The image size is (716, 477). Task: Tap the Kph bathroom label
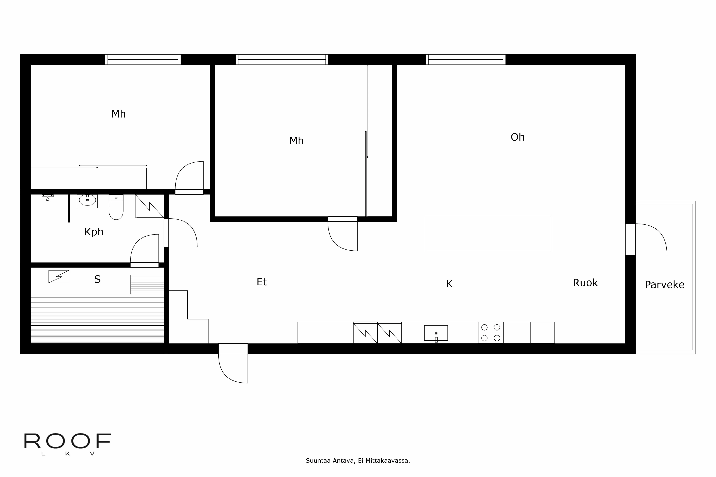94,232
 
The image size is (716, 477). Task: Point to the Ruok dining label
585,283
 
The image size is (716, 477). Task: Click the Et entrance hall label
262,282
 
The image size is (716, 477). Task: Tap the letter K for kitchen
449,284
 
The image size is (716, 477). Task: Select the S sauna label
97,279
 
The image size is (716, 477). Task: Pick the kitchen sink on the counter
436,333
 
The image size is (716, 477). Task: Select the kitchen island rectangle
488,233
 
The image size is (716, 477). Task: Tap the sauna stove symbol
59,277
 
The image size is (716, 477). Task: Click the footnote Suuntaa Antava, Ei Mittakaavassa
358,461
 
